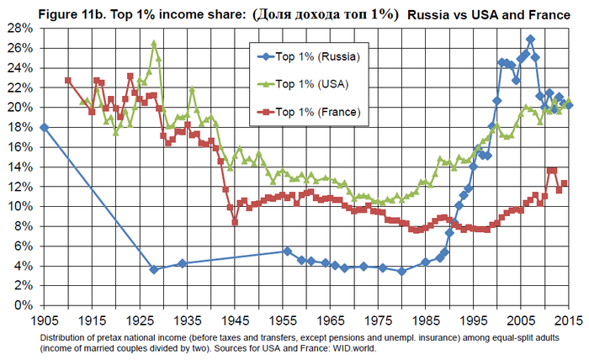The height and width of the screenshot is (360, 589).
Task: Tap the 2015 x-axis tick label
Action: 569,320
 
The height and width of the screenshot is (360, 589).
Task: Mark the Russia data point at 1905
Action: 44,127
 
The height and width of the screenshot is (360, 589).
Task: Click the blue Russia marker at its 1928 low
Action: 154,269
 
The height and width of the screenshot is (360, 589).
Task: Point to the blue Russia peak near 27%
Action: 530,39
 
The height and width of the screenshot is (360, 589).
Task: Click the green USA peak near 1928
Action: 154,43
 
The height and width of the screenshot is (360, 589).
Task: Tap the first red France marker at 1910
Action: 68,81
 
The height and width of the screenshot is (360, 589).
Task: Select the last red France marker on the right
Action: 564,183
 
